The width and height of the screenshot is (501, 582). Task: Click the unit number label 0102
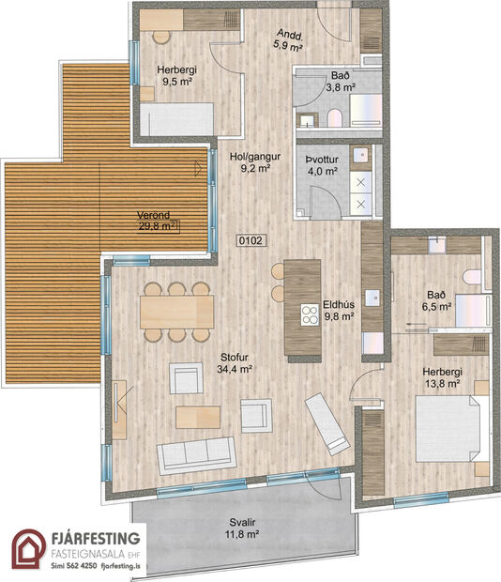coord(250,240)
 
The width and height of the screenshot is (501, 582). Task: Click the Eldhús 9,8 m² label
coord(338,310)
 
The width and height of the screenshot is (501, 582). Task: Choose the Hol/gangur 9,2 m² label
coord(250,163)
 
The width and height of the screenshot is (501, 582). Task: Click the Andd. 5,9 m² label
coord(287,38)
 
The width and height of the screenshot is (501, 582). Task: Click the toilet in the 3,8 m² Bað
coord(334,117)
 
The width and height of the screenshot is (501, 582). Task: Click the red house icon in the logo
coord(28,550)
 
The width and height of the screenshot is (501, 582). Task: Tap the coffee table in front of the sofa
coord(198,416)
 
